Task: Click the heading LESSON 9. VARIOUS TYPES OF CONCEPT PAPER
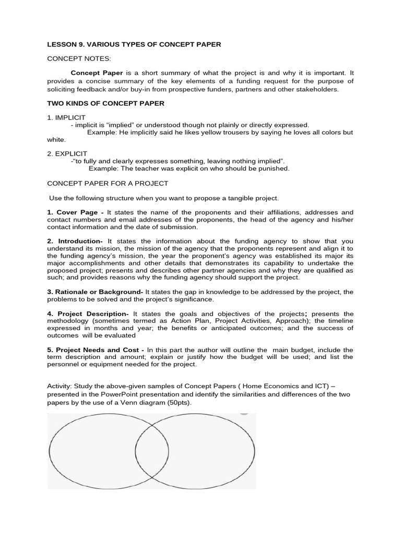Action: (x=134, y=44)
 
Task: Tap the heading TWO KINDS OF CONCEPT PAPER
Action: (x=105, y=103)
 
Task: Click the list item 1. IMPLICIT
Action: (x=66, y=118)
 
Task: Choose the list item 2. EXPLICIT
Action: (x=66, y=154)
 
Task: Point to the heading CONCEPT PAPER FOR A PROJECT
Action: (x=108, y=183)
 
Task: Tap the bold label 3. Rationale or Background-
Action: (x=95, y=291)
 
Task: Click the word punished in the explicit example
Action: (x=273, y=168)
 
